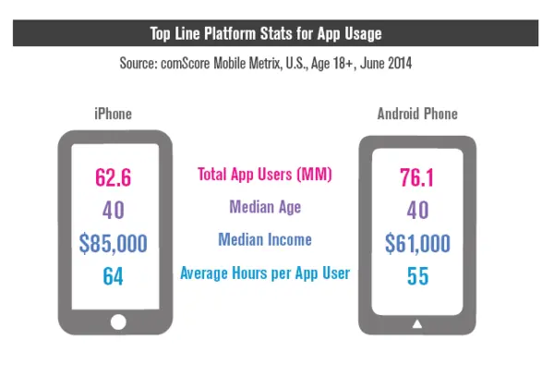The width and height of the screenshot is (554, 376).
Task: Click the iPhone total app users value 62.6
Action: coord(114,177)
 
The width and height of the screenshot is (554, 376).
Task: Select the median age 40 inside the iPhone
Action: coord(114,211)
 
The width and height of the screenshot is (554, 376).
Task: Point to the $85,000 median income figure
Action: coord(114,244)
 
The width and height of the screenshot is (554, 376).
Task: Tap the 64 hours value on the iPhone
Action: coord(114,276)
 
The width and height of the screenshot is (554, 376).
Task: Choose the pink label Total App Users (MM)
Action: coord(264,173)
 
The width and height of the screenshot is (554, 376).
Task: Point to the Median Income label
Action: coord(264,239)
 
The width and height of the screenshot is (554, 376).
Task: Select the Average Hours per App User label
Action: coord(264,273)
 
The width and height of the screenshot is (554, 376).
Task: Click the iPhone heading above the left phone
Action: coord(114,114)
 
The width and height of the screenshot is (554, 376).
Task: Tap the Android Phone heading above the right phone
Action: coord(417,114)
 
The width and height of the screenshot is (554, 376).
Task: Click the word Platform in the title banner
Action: coord(240,34)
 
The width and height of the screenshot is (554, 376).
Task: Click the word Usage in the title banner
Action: coord(356,34)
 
